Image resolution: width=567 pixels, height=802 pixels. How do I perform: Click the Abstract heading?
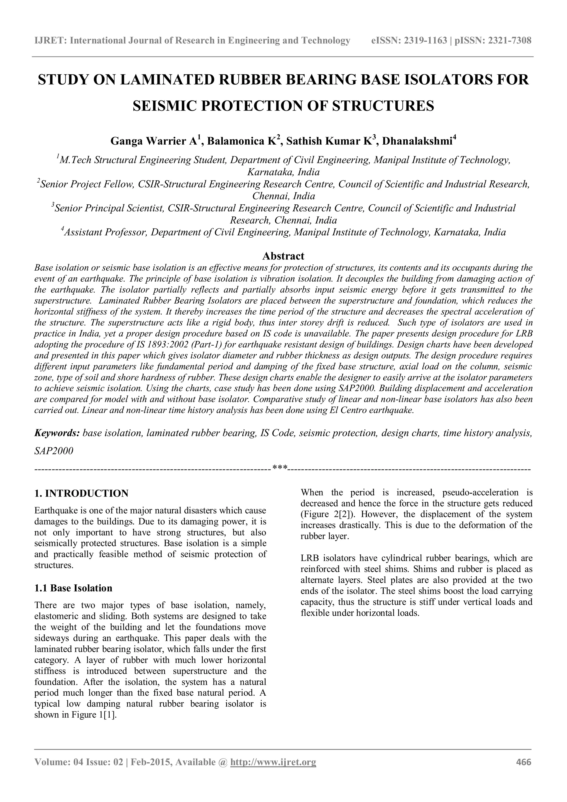[283, 256]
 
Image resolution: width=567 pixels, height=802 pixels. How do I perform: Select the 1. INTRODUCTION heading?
[81, 493]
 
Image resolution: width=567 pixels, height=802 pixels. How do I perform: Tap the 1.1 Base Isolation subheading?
[73, 588]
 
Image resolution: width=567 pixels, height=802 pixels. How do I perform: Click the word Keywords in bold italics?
[57, 433]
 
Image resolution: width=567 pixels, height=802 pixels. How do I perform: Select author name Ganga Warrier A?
[154, 141]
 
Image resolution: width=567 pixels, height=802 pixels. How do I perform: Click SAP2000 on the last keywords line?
[54, 451]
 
